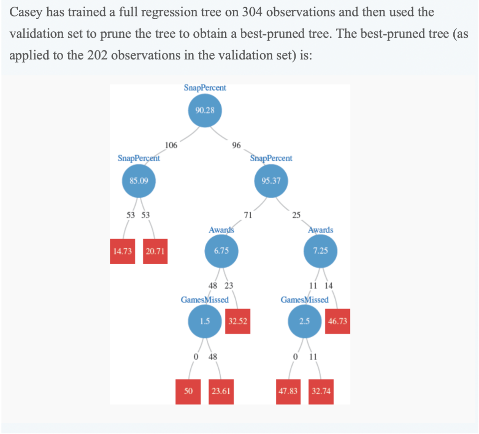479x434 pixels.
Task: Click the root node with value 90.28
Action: click(x=204, y=110)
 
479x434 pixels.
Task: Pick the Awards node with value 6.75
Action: click(x=221, y=251)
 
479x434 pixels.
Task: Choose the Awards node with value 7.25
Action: click(x=320, y=251)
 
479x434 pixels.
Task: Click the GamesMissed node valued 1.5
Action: click(x=204, y=321)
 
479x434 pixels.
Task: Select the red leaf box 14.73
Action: click(x=122, y=252)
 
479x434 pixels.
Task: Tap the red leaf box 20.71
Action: click(x=155, y=252)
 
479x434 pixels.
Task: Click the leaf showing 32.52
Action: click(x=238, y=321)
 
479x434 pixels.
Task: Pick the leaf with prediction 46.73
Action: click(x=337, y=321)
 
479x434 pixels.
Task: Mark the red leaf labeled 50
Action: click(x=188, y=391)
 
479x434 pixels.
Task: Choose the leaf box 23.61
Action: click(x=221, y=391)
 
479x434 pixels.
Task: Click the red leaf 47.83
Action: click(x=288, y=391)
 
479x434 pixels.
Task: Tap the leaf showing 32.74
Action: click(x=321, y=391)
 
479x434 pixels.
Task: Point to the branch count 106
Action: click(x=171, y=145)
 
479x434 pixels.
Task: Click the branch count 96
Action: click(x=236, y=145)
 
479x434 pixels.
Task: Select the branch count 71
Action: click(x=248, y=215)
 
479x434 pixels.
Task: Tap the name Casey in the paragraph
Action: click(x=24, y=12)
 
